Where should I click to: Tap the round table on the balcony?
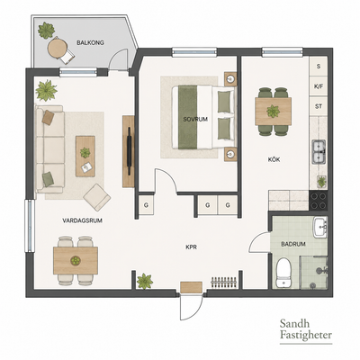pyautogui.click(x=57, y=49)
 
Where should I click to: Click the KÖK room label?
pyautogui.click(x=274, y=159)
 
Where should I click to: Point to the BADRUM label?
pyautogui.click(x=293, y=244)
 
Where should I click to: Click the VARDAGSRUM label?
pyautogui.click(x=82, y=220)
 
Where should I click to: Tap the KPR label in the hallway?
pyautogui.click(x=191, y=247)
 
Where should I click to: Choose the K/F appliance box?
pyautogui.click(x=319, y=86)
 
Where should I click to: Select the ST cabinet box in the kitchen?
pyautogui.click(x=319, y=106)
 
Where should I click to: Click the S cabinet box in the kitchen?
pyautogui.click(x=319, y=67)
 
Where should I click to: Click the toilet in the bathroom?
pyautogui.click(x=283, y=273)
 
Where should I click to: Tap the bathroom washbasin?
pyautogui.click(x=320, y=228)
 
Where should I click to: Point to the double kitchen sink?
pyautogui.click(x=319, y=152)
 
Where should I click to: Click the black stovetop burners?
pyautogui.click(x=319, y=201)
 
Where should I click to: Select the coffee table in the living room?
pyautogui.click(x=85, y=156)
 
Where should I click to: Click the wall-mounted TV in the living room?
pyautogui.click(x=130, y=151)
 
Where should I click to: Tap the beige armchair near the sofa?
pyautogui.click(x=97, y=197)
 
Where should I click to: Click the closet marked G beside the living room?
pyautogui.click(x=146, y=205)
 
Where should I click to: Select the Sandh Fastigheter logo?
pyautogui.click(x=306, y=329)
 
